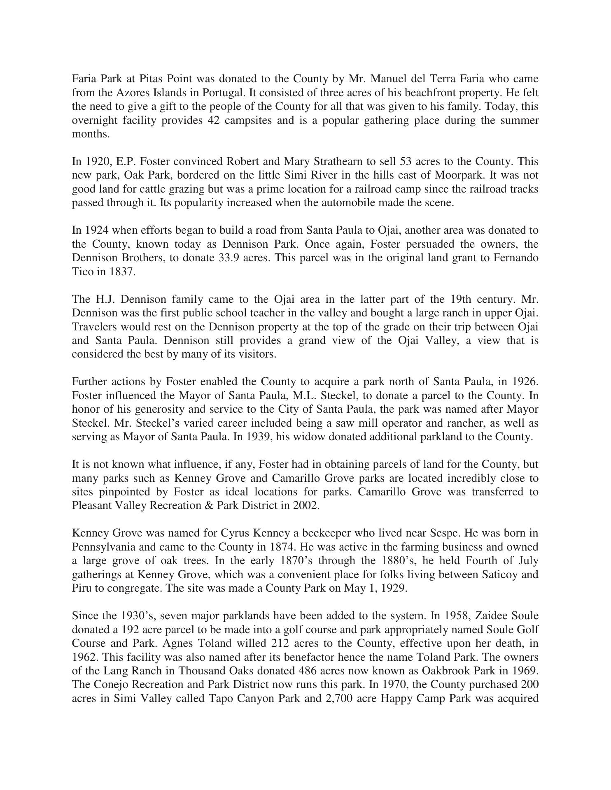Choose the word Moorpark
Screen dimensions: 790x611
[x=457, y=175]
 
